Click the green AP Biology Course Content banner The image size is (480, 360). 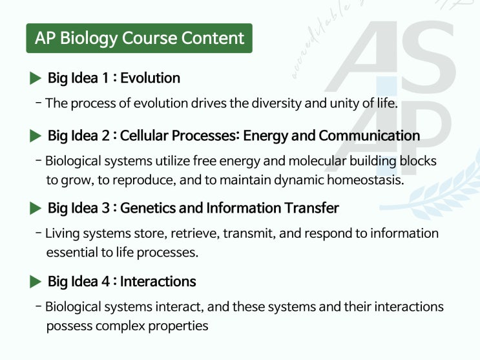point(139,38)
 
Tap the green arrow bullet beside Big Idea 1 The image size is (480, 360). point(36,78)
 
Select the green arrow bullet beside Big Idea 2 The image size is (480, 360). point(36,136)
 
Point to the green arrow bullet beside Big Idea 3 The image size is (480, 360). point(36,208)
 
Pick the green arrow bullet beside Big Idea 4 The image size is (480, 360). point(36,282)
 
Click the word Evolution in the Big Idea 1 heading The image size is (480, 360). point(151,78)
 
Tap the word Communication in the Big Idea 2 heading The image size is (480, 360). point(370,136)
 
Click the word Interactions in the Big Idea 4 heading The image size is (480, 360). point(158,282)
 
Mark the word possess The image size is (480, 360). point(69,326)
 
